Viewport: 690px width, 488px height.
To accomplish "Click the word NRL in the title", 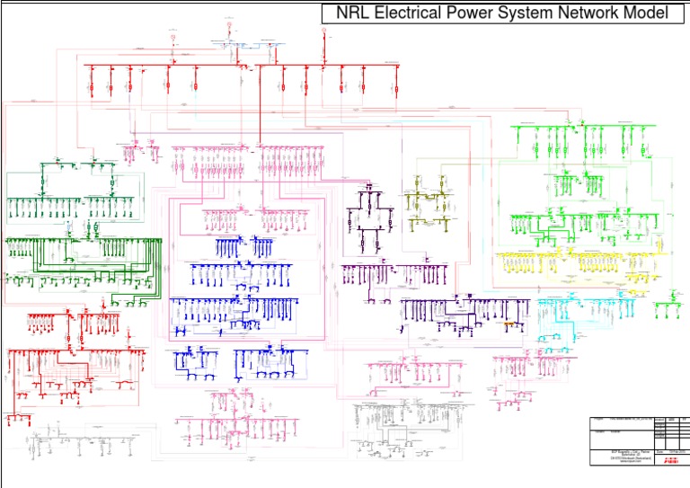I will pos(358,13).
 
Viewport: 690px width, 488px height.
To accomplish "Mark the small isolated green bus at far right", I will pos(667,310).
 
